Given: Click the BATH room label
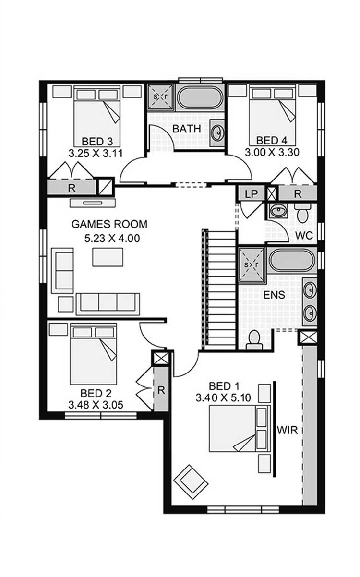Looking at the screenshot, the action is coord(186,129).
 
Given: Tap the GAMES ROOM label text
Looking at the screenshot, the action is coord(109,224).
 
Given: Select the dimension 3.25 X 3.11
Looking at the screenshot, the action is coord(96,153).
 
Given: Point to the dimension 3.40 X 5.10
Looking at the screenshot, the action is coord(223,397).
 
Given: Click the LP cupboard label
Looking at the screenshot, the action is coord(251,194).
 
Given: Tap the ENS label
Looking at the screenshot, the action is coord(274,295).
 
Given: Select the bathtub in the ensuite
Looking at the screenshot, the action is coord(292,260).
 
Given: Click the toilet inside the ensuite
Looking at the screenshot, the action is coord(254,340).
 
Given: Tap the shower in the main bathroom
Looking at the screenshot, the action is coord(160,97).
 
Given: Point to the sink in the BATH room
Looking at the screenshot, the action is coord(217,133).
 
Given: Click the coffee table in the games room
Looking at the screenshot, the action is coord(108,257).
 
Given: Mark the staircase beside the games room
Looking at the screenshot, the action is coord(219,290).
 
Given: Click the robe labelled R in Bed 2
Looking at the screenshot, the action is coord(161,389).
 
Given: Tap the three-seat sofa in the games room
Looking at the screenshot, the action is coord(108,304).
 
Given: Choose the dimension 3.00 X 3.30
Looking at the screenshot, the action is coord(272,153).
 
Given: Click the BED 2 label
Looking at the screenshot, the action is coord(96,393).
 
